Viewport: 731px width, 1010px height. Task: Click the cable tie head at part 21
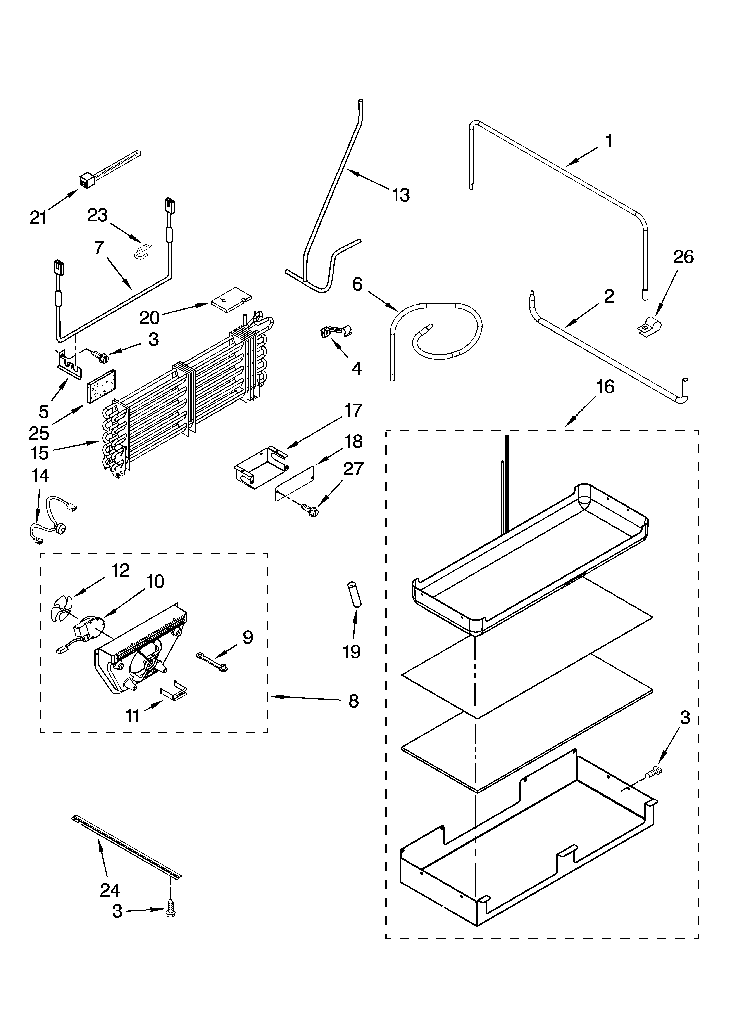pos(85,180)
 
